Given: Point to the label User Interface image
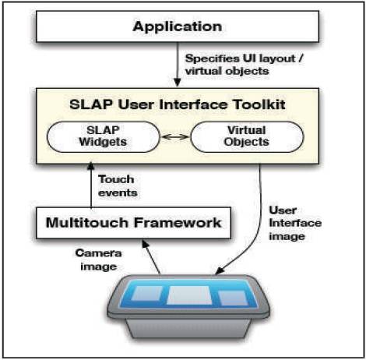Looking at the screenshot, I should click(x=290, y=221).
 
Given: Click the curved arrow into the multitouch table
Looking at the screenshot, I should click(x=249, y=234).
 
